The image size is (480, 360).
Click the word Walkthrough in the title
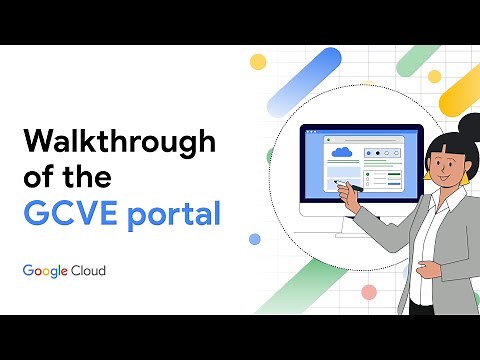pos(119,141)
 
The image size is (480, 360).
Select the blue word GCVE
pos(70,214)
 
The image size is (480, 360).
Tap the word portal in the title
pos(174,216)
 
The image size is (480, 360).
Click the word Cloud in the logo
pos(88,270)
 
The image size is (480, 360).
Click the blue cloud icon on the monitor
pos(343,153)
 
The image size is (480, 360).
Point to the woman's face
pos(441,159)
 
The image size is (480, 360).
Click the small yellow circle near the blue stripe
pos(258,62)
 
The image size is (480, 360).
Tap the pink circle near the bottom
pos(369,292)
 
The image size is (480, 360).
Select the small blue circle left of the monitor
pos(254,239)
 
